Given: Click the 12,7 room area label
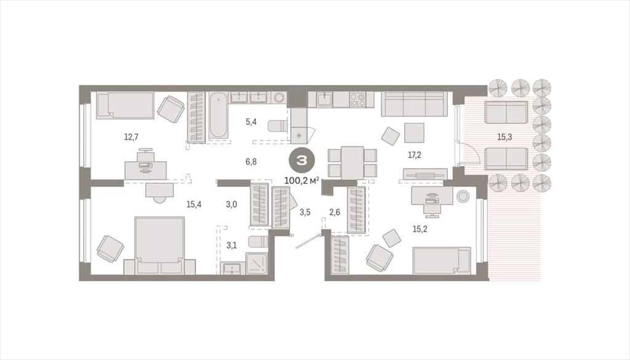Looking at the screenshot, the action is click(x=131, y=137).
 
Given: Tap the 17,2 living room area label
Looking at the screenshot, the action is click(x=414, y=154).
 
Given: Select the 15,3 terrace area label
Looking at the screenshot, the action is click(x=504, y=137).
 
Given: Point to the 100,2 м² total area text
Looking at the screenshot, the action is click(x=301, y=180).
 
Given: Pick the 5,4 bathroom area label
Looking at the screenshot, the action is click(x=251, y=122).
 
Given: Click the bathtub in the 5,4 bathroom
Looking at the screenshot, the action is click(x=218, y=116).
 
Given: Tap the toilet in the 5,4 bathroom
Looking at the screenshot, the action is click(x=278, y=126).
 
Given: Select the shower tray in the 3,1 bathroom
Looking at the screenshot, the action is click(x=257, y=263).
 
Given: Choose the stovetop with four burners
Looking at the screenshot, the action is click(x=357, y=99).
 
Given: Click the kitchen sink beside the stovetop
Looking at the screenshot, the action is click(x=324, y=99).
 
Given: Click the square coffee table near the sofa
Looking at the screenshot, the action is click(x=414, y=132).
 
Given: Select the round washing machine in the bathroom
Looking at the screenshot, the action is click(x=279, y=98).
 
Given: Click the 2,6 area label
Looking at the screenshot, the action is click(x=335, y=212).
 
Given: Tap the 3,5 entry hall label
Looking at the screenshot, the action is click(x=305, y=212).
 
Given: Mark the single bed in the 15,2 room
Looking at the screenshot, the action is click(x=442, y=261).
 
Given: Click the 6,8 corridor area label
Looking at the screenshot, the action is click(x=251, y=162).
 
